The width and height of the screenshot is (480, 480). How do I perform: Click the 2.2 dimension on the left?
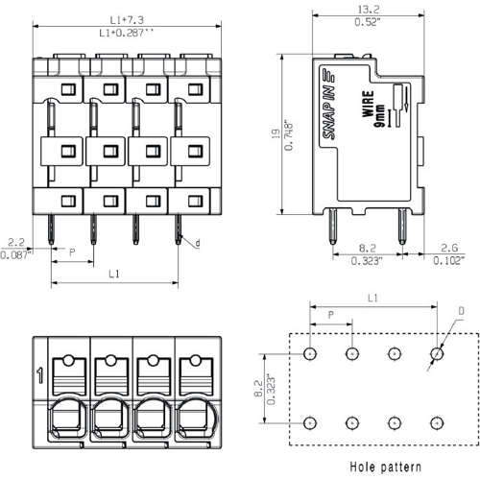[x=15, y=243]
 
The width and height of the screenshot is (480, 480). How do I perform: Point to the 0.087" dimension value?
[x=15, y=255]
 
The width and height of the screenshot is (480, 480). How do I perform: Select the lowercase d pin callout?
[x=198, y=244]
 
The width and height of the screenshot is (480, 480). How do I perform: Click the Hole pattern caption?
[x=384, y=468]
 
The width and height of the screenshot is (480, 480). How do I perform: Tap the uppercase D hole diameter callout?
[x=462, y=311]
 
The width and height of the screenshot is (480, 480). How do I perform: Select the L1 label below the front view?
[x=113, y=275]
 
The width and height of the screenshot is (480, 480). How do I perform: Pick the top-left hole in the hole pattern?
[x=310, y=353]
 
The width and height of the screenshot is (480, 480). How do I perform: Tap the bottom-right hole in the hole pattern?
[x=437, y=422]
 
